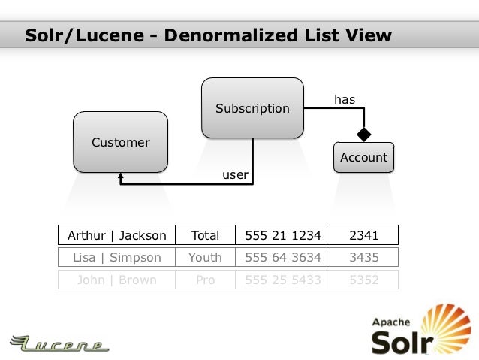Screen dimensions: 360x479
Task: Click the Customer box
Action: [x=120, y=142]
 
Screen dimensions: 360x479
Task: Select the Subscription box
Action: [x=252, y=108]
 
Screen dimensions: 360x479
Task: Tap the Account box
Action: [x=363, y=157]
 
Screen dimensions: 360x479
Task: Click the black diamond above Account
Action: [x=363, y=135]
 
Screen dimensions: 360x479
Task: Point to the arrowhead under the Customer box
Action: [x=121, y=178]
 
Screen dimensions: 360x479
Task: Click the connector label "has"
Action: [x=345, y=99]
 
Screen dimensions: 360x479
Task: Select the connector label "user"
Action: [x=235, y=174]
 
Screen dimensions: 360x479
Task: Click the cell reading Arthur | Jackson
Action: [x=117, y=235]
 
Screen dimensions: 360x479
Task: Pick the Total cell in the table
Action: [x=205, y=235]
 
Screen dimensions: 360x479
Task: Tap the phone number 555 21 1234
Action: [x=282, y=235]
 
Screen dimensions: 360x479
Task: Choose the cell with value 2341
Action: [x=363, y=235]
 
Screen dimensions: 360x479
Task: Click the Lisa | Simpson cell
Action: [x=117, y=258]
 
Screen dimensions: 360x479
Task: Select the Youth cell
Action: [x=205, y=258]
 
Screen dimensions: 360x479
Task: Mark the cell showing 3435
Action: [x=363, y=258]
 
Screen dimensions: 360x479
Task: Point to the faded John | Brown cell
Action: [x=117, y=280]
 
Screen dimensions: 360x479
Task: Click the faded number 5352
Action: [x=363, y=280]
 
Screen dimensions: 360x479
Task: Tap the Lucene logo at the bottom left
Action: [x=60, y=344]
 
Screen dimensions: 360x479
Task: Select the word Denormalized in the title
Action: [x=239, y=35]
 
